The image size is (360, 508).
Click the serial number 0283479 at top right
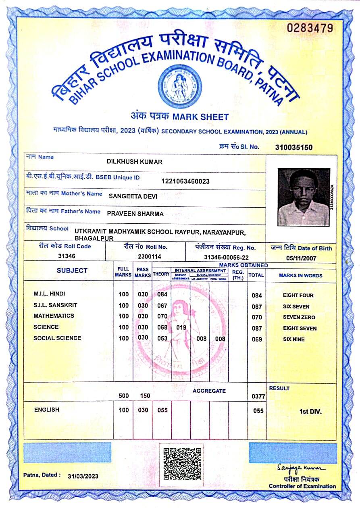310,28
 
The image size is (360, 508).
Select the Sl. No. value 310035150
293,148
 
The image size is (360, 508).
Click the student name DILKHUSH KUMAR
134,162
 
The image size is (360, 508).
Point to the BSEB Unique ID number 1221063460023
185,181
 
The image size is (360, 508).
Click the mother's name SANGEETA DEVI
133,196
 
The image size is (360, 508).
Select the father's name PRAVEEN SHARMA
135,214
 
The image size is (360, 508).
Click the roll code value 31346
67,256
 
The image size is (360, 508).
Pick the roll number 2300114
149,256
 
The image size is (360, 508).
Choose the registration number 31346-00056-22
226,257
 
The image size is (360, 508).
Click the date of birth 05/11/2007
301,258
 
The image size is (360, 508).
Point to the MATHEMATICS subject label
54,316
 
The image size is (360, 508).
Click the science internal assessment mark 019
181,327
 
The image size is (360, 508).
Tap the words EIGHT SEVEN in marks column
300,328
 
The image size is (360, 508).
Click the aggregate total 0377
258,396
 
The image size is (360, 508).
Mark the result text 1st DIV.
310,412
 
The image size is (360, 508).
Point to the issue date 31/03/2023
83,476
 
